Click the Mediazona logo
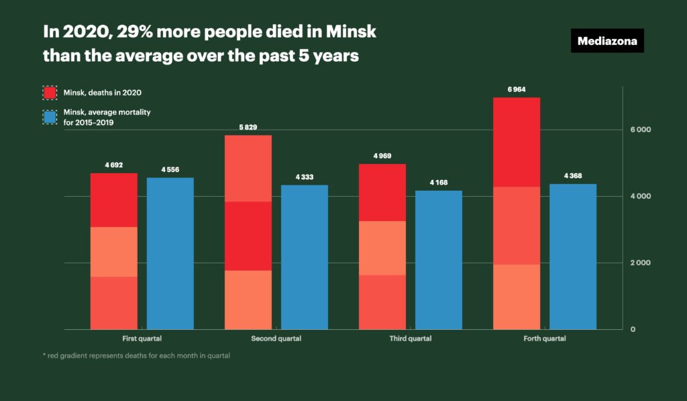point(607,41)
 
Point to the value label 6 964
point(516,89)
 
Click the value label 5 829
point(248,127)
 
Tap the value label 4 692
point(113,165)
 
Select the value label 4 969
point(382,156)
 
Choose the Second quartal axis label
point(276,339)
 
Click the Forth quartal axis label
point(544,339)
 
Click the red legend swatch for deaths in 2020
point(50,92)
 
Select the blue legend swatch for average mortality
point(50,116)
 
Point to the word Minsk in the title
point(355,32)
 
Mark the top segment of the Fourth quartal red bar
point(516,142)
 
